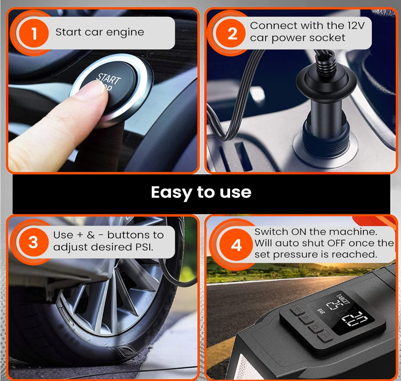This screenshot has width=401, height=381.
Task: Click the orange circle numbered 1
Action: click(x=33, y=33)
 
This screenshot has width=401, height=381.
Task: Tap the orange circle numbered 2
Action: click(x=232, y=33)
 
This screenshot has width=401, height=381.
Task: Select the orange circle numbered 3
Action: click(x=33, y=242)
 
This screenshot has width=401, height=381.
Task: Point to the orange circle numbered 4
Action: click(x=236, y=245)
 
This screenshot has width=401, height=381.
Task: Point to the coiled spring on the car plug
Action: click(x=325, y=60)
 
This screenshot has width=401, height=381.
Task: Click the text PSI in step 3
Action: click(x=144, y=247)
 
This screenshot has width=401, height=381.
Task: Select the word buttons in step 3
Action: click(x=129, y=235)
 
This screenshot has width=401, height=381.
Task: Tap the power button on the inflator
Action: click(x=315, y=327)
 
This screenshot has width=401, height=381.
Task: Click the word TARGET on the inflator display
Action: click(x=343, y=299)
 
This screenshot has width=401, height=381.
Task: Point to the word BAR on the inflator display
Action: click(x=321, y=311)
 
